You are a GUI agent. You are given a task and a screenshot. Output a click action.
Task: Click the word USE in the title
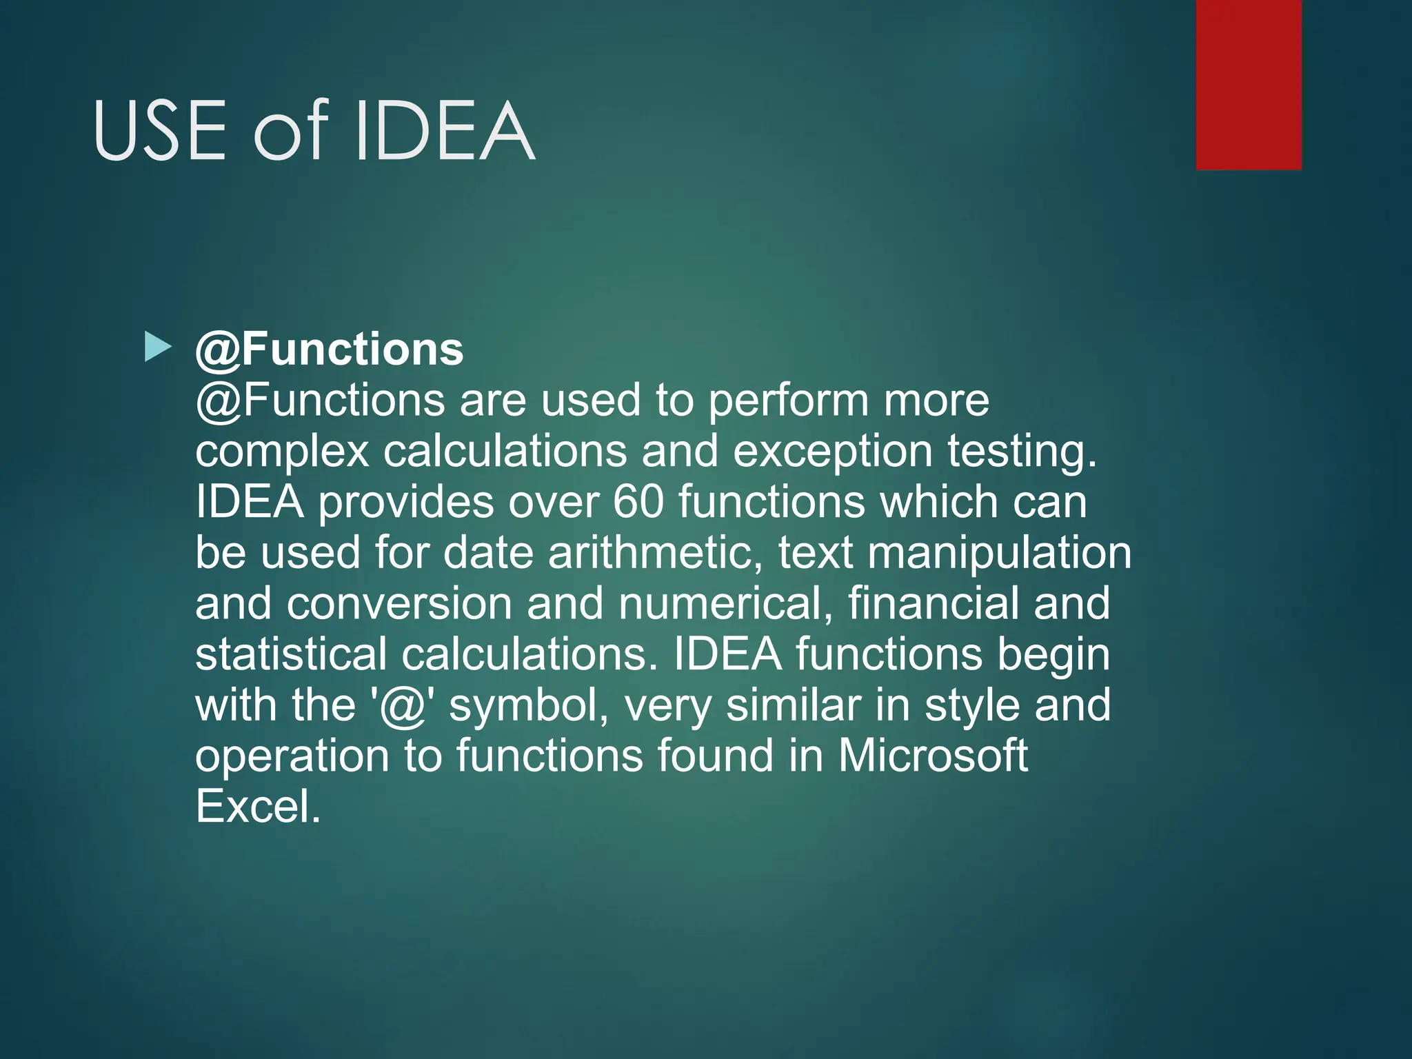[160, 131]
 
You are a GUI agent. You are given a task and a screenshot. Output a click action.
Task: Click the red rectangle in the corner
[1249, 84]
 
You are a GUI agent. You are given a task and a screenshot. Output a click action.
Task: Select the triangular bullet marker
[158, 347]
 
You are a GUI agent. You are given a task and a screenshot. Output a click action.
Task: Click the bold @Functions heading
[330, 350]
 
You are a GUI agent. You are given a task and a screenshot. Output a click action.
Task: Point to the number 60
[638, 502]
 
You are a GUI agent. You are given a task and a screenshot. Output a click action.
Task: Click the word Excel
[258, 807]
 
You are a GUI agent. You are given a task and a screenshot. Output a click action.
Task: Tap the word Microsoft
[933, 756]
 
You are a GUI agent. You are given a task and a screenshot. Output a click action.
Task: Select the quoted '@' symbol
[404, 706]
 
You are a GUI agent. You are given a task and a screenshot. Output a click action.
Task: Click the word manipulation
[999, 553]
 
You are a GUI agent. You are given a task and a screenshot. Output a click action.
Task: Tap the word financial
[934, 604]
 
